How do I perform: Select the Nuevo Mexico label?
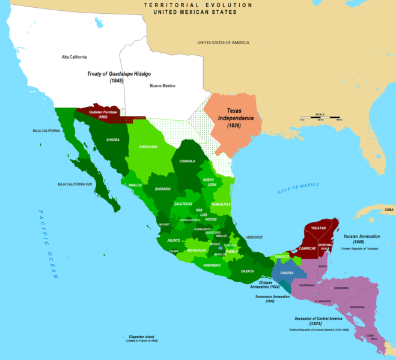click(x=162, y=86)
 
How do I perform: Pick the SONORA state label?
click(x=112, y=139)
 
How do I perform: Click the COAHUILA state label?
click(x=184, y=161)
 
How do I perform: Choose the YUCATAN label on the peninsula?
click(x=319, y=228)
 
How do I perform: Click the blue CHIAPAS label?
click(x=287, y=272)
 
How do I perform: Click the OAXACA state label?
click(x=248, y=271)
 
